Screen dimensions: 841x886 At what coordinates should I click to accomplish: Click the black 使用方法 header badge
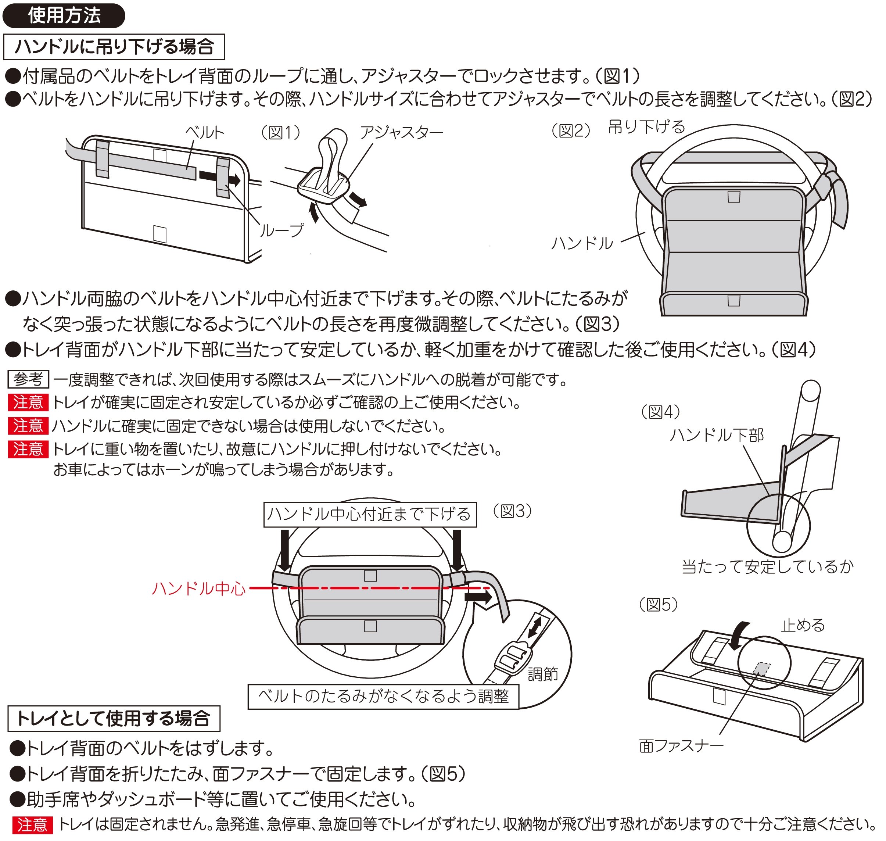click(x=64, y=16)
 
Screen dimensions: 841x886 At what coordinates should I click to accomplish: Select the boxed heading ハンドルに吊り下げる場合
click(x=114, y=47)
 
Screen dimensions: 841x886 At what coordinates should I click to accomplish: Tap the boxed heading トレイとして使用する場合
click(x=114, y=718)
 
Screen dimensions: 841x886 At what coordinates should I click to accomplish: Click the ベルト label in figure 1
click(x=204, y=132)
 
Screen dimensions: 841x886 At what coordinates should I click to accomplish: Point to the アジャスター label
click(x=401, y=132)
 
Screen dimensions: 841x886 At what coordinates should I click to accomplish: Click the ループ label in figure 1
click(x=281, y=230)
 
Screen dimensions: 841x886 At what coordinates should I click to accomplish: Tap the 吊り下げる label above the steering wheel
click(x=646, y=127)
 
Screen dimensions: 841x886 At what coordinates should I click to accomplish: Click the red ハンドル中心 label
click(x=198, y=588)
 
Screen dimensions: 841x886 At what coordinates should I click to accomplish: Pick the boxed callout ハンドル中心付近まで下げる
click(x=369, y=514)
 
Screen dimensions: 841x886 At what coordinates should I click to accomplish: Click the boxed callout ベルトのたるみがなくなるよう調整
click(x=383, y=696)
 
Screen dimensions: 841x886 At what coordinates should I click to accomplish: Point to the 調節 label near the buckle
click(x=542, y=674)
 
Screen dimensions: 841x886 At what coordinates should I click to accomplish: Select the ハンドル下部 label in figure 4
click(x=716, y=435)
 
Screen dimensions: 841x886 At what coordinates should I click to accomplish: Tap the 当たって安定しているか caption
click(x=767, y=567)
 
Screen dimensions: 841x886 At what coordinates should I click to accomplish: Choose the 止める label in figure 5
click(x=803, y=625)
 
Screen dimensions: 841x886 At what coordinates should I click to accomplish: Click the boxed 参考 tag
click(x=28, y=379)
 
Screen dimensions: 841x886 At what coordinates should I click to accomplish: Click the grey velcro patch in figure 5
click(x=761, y=668)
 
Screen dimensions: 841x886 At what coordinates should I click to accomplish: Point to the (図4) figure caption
click(x=660, y=412)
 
